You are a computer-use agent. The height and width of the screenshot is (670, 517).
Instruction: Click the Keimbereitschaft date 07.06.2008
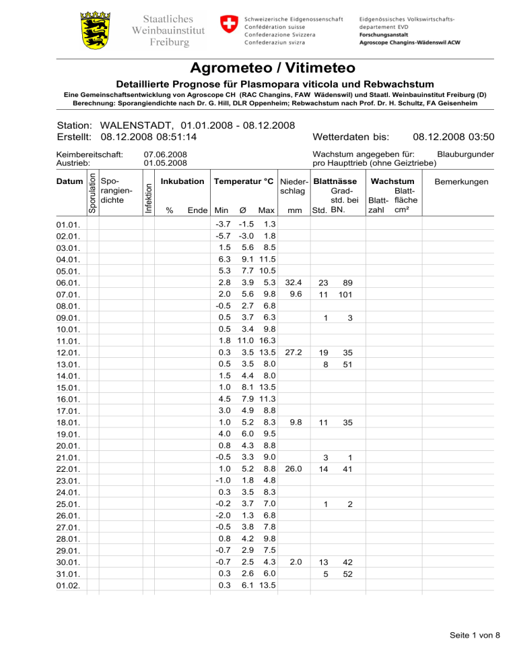[166, 154]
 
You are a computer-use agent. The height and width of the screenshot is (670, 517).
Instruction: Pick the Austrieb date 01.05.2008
[166, 163]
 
